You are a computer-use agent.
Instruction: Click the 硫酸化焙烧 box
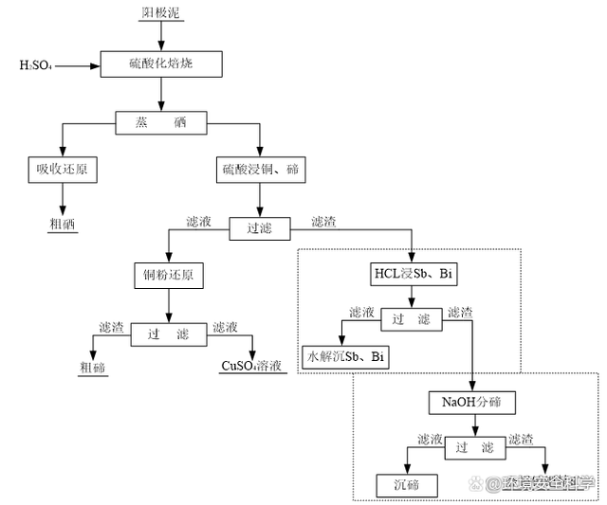click(x=161, y=63)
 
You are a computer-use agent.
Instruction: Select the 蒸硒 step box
click(x=161, y=123)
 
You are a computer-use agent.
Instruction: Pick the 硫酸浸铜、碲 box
click(x=261, y=170)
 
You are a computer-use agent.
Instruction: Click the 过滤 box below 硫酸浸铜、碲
click(x=259, y=228)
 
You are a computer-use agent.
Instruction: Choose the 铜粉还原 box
click(x=168, y=276)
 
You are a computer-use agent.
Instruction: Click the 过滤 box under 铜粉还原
click(x=168, y=334)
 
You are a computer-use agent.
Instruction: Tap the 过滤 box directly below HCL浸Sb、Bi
click(x=411, y=319)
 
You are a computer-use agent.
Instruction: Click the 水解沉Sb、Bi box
click(x=344, y=357)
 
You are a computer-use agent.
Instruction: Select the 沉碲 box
click(x=407, y=486)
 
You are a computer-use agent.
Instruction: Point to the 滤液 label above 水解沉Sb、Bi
click(x=361, y=312)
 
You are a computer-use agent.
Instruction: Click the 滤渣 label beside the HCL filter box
click(x=460, y=312)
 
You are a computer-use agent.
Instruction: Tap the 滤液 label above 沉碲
click(x=430, y=440)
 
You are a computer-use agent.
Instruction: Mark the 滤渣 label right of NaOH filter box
click(x=521, y=440)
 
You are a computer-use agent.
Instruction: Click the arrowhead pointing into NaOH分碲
click(x=472, y=387)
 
